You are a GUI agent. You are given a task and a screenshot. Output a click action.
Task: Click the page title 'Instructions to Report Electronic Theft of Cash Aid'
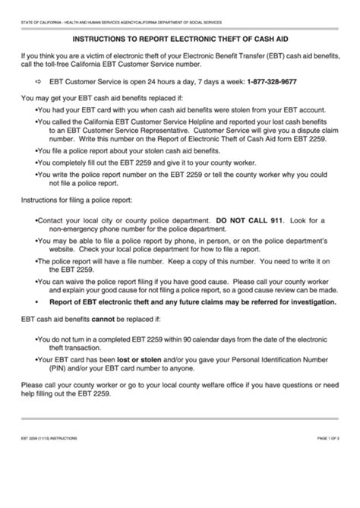179,36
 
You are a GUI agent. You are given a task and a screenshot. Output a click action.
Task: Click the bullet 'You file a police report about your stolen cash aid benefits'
122,150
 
